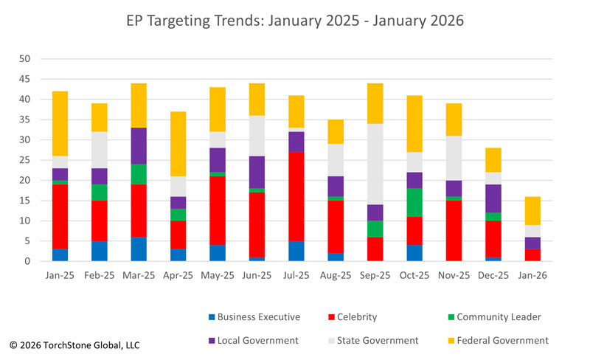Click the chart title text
pos(295,21)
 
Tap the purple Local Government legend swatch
pos(212,341)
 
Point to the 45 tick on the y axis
pos(25,79)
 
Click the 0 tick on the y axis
pos(28,261)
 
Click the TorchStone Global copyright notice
pos(74,345)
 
